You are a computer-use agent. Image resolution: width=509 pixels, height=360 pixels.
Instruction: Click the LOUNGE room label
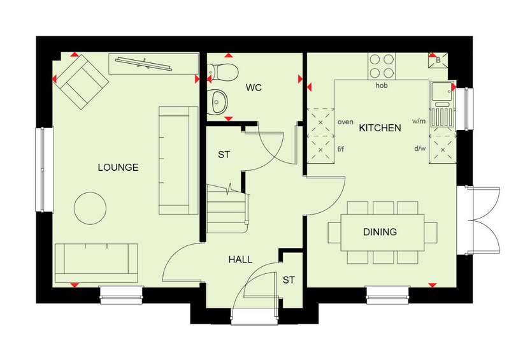[x=118, y=168]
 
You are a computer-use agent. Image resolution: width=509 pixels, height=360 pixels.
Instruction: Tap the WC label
[x=254, y=88]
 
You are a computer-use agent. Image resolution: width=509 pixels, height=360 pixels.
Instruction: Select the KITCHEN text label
[x=380, y=128]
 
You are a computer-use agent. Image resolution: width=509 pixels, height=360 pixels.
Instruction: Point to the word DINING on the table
[x=380, y=232]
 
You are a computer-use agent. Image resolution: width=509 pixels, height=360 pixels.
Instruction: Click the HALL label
[x=240, y=259]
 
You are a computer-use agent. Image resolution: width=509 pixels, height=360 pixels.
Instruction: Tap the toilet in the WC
[x=223, y=71]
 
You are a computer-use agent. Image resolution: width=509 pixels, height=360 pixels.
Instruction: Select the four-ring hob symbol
[x=382, y=66]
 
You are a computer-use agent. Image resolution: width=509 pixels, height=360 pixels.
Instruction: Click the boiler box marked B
[x=438, y=61]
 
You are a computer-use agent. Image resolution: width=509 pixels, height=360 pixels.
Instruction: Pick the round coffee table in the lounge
[x=90, y=208]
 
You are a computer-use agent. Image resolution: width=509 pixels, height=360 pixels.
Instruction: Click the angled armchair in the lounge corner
[x=82, y=82]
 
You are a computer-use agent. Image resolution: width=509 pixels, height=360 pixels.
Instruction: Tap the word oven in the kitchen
[x=345, y=122]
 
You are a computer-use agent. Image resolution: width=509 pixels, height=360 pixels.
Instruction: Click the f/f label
[x=341, y=149]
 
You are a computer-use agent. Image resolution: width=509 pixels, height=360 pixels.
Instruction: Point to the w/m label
[x=419, y=122]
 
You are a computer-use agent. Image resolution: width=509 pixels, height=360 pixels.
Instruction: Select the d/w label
[x=419, y=148]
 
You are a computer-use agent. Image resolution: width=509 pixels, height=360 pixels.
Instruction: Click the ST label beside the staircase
[x=224, y=155]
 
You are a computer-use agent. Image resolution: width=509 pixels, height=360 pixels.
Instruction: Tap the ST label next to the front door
[x=289, y=280]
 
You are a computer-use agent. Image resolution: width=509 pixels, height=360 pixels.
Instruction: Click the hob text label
[x=382, y=85]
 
